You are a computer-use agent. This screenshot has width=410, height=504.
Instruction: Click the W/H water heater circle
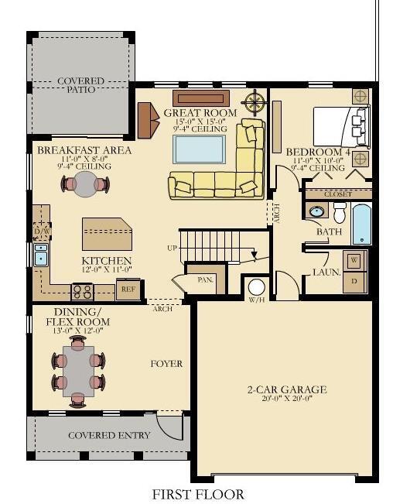tap(257, 289)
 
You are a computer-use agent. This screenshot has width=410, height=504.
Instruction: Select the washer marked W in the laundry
tap(354, 260)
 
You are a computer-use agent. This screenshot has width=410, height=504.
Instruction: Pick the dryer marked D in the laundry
tap(354, 281)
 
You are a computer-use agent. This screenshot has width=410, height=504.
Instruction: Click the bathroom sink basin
tap(317, 211)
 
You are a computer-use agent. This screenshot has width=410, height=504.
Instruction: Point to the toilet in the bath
tap(340, 213)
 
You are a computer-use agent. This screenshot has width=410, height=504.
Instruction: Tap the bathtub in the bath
tap(362, 223)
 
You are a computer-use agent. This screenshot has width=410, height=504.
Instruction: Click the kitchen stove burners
tap(83, 292)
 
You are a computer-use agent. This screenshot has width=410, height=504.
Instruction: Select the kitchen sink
tap(40, 255)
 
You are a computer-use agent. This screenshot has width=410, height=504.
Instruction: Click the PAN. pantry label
tap(205, 279)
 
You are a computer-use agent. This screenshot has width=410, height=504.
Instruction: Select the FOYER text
tap(166, 363)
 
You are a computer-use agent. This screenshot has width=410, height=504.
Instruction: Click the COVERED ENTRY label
tap(109, 435)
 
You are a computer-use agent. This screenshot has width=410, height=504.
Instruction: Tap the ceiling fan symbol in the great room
tap(254, 101)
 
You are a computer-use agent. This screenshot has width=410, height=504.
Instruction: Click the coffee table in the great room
tap(200, 148)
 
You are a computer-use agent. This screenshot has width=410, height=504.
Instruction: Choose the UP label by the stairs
tap(172, 248)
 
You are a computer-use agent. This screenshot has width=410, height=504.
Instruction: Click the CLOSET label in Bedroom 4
tap(338, 194)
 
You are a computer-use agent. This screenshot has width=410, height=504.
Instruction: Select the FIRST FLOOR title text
tap(198, 494)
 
